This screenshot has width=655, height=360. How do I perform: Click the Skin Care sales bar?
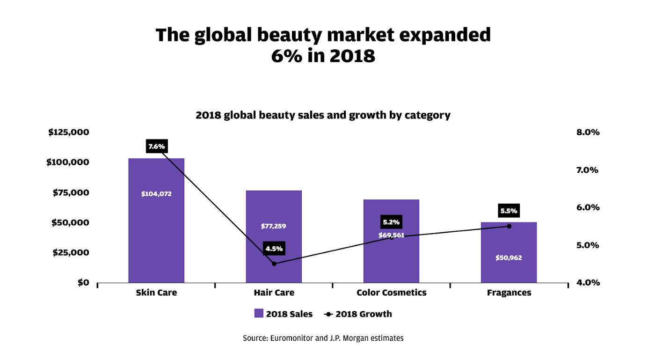click(156, 220)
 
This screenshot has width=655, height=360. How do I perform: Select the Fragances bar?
click(509, 252)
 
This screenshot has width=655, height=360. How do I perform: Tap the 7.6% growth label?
click(157, 146)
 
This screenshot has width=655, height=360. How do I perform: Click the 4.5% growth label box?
click(274, 249)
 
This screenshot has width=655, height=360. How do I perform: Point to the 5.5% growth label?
click(509, 211)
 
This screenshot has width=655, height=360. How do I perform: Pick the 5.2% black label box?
click(391, 222)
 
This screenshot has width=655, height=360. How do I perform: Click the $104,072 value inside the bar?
click(156, 194)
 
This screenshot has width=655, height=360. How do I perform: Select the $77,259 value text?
click(273, 226)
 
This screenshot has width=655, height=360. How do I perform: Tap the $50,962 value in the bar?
click(509, 257)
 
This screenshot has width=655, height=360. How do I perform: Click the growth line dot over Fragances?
click(509, 226)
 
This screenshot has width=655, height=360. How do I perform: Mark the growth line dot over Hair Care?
click(274, 264)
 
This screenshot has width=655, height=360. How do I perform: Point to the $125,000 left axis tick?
click(69, 132)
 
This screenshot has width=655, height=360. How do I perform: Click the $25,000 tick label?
click(71, 252)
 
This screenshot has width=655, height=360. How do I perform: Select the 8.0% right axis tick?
click(588, 132)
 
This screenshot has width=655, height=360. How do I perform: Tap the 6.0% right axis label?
click(588, 207)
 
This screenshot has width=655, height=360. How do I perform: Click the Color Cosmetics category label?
click(391, 293)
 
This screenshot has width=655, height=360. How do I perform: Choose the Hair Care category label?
click(274, 293)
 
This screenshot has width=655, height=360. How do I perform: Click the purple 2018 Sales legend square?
click(259, 313)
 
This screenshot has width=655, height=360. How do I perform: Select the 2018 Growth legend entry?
click(358, 314)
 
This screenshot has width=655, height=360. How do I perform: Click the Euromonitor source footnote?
click(323, 338)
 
